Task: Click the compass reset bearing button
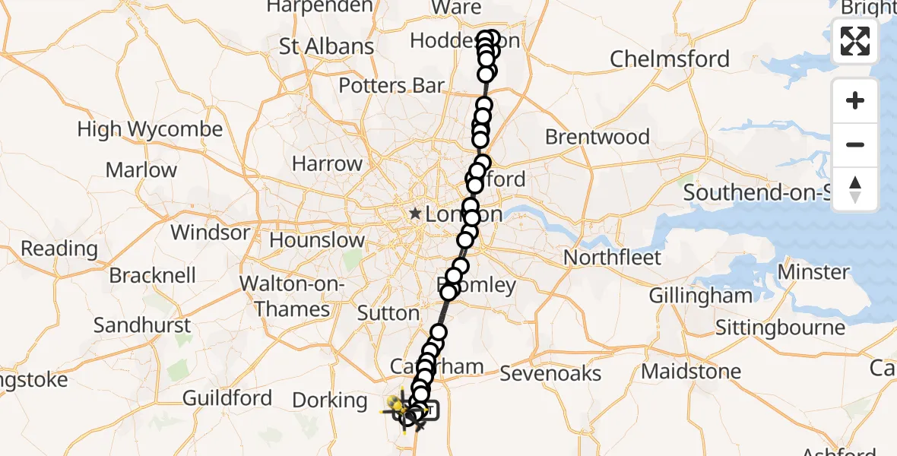click(x=855, y=188)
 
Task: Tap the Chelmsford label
click(x=669, y=59)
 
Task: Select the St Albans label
click(x=326, y=46)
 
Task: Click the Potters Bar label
click(x=391, y=85)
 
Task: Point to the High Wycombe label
click(x=150, y=129)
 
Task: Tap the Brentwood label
click(x=597, y=138)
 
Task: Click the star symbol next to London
click(x=415, y=214)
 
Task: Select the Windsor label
click(x=210, y=232)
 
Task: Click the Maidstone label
click(x=691, y=372)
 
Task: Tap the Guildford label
click(x=227, y=397)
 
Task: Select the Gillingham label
click(x=700, y=296)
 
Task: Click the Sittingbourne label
click(x=781, y=328)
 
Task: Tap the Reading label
click(x=59, y=249)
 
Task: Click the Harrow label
click(x=327, y=163)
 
